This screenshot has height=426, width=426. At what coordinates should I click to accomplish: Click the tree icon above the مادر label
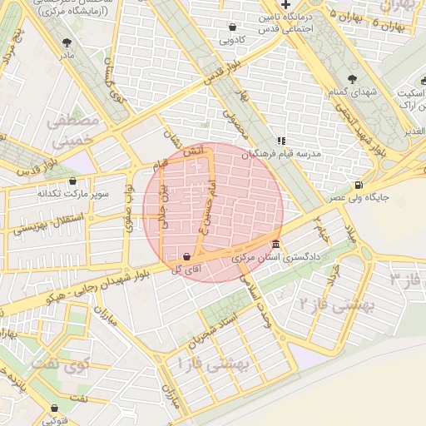[x=67, y=42]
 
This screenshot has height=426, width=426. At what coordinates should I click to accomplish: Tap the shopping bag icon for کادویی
[x=231, y=27]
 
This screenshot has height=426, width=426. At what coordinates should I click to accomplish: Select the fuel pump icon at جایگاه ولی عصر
[x=359, y=185]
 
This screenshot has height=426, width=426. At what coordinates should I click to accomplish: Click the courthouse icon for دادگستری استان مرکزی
[x=275, y=245]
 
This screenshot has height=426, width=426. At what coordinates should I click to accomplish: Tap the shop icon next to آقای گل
[x=186, y=256]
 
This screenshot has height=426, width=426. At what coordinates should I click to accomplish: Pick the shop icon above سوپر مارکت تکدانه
[x=72, y=181]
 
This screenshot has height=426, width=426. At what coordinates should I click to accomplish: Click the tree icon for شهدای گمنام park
[x=353, y=79]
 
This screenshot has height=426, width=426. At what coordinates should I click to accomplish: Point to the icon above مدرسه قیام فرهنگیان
[x=281, y=141]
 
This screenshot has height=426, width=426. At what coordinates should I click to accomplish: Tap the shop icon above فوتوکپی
[x=55, y=408]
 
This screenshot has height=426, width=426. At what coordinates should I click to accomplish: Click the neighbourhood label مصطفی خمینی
[x=72, y=131]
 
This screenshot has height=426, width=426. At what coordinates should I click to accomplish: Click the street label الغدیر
[x=414, y=132]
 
